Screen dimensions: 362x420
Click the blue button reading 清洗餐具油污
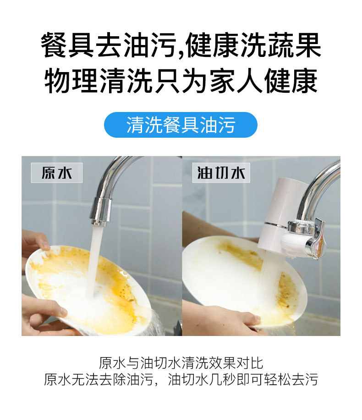pyautogui.click(x=181, y=125)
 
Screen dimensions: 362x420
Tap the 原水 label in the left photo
pyautogui.click(x=57, y=173)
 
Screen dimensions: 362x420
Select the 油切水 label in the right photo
pyautogui.click(x=221, y=173)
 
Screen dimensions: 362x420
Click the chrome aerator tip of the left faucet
pyautogui.click(x=100, y=212)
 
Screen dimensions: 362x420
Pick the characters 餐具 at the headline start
pyautogui.click(x=68, y=45)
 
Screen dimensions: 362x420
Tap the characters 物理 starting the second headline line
pyautogui.click(x=71, y=81)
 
